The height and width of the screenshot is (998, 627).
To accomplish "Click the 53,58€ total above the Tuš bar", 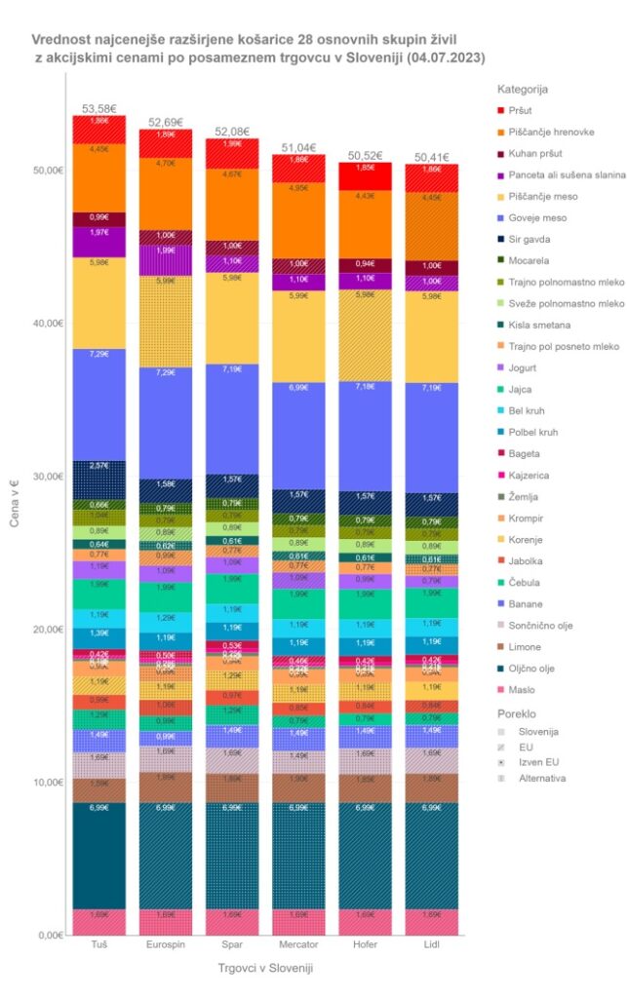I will point(99,107).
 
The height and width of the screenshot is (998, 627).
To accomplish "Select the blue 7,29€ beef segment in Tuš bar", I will point(99,403).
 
